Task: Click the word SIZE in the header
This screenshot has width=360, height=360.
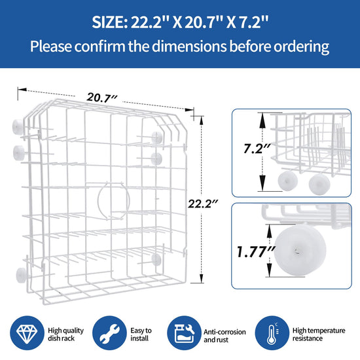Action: pos(109,22)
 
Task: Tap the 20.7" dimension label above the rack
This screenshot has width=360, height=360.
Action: pos(101,98)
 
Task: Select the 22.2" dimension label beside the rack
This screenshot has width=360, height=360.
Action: pos(203,204)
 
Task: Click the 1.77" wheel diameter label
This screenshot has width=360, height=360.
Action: pos(255,251)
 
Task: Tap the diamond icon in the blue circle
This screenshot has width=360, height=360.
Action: pos(27,333)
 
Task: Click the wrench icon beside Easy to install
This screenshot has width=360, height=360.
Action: pos(109,333)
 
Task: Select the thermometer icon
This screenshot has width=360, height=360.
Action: pos(272,333)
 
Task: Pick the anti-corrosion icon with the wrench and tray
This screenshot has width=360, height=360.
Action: pos(184,333)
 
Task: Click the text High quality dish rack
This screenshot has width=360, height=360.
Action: pos(65,334)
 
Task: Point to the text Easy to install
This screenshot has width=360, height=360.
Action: pos(141,334)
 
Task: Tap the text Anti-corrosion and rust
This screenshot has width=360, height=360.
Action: pos(225,336)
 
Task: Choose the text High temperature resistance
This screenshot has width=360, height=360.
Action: pos(319,334)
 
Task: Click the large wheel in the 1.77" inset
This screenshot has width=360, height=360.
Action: pos(300,251)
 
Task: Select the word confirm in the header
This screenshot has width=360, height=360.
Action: pos(100,46)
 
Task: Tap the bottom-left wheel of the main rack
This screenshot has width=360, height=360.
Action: pos(21,275)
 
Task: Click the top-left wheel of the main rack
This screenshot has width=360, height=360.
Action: pos(18,127)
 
